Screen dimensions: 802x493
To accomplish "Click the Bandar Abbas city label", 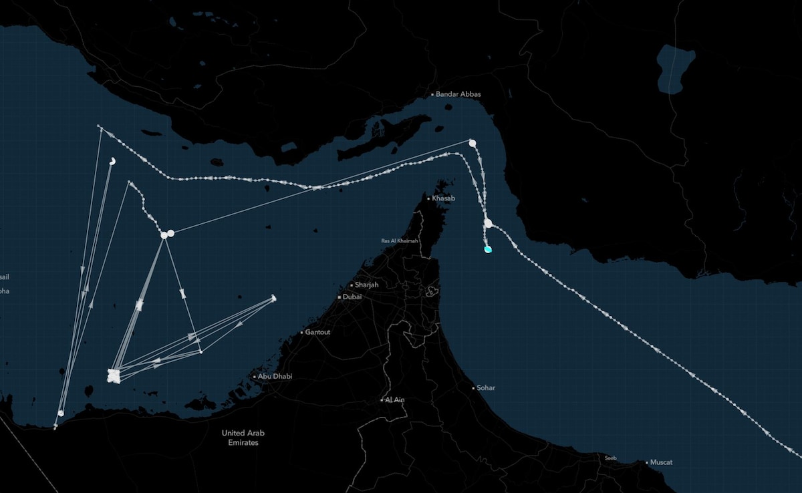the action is [x=458, y=94].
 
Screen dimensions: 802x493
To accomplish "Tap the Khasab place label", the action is [x=443, y=198].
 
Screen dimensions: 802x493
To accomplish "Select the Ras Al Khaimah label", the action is [x=400, y=240].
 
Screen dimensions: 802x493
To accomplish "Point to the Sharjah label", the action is [x=367, y=285].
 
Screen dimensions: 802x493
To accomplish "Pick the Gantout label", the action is [x=317, y=332].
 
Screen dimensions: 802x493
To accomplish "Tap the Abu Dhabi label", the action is [x=275, y=377].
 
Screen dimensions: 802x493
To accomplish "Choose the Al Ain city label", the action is [x=394, y=399].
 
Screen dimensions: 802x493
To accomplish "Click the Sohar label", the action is [x=486, y=387].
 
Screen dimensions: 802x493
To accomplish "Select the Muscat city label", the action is [x=662, y=462].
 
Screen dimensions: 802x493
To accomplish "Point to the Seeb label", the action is [x=610, y=458].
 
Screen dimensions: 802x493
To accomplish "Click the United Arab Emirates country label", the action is [x=243, y=438].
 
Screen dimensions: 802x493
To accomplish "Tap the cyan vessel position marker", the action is [x=488, y=249].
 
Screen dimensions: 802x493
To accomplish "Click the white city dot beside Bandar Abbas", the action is [x=432, y=94].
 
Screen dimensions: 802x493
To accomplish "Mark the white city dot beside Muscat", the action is [x=648, y=462].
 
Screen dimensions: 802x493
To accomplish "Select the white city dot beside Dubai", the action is [x=340, y=297].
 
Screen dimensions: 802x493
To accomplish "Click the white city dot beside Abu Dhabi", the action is [x=255, y=377].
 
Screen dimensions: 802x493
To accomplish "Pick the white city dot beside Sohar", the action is [x=474, y=387].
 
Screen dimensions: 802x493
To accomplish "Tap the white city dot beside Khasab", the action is [x=428, y=198].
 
